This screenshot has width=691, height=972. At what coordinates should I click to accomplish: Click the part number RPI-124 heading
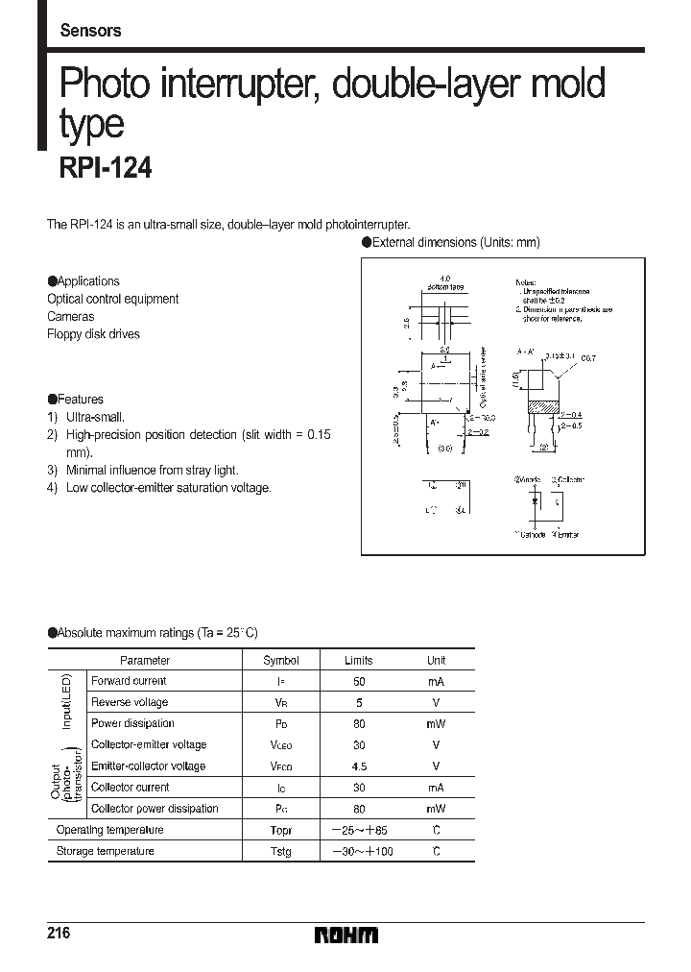[x=106, y=169]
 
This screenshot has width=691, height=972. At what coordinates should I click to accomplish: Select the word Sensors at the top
[x=90, y=31]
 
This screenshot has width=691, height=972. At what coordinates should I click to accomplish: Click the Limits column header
[x=359, y=660]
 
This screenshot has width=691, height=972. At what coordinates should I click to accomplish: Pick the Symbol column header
[x=281, y=660]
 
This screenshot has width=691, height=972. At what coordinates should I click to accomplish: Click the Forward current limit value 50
[x=359, y=681]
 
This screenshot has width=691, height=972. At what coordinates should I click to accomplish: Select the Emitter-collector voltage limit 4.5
[x=359, y=765]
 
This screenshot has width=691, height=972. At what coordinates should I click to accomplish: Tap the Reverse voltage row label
[x=130, y=702]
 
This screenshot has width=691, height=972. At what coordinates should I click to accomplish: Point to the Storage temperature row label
[x=106, y=851]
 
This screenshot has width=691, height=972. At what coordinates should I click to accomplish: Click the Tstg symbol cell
[x=281, y=851]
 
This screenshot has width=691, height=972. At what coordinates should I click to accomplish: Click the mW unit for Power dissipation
[x=436, y=723]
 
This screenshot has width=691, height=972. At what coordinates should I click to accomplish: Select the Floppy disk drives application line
[x=93, y=334]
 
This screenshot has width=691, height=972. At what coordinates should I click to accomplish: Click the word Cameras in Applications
[x=71, y=316]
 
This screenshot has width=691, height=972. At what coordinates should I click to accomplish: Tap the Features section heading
[x=76, y=400]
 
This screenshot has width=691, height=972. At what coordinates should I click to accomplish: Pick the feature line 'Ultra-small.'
[x=95, y=417]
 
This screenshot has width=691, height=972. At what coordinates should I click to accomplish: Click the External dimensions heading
[x=450, y=243]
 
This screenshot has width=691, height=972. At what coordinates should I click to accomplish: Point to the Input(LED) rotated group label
[x=67, y=702]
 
